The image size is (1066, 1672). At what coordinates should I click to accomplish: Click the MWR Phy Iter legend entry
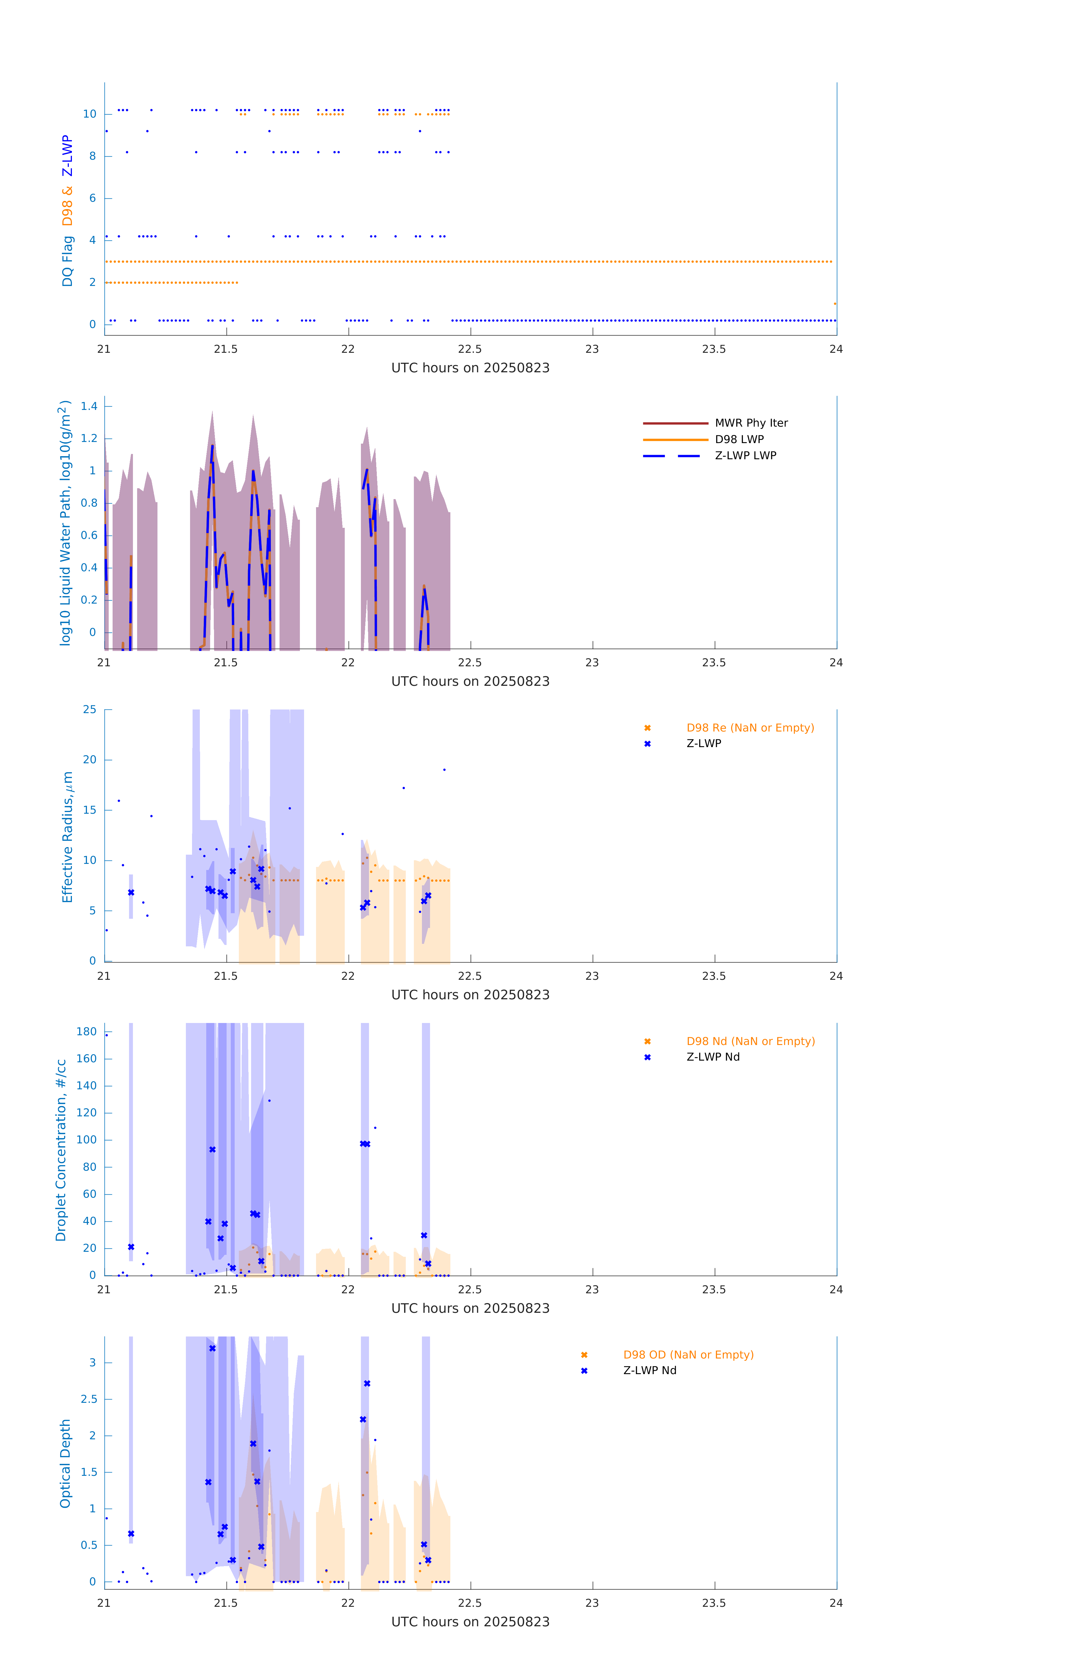point(751,423)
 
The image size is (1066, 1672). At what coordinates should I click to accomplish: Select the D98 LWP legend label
point(739,439)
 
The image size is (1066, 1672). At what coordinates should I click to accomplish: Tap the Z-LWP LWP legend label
point(745,456)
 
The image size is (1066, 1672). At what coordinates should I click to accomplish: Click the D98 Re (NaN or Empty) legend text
point(750,728)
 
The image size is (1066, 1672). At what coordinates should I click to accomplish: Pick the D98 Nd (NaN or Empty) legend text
point(750,1042)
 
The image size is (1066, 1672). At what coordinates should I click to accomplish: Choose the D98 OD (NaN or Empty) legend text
point(688,1355)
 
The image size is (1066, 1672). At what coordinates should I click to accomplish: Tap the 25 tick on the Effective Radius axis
point(89,710)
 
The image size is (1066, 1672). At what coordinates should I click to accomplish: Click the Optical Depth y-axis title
point(65,1464)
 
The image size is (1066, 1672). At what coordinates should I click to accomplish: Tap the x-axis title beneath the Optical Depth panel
point(470,1622)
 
